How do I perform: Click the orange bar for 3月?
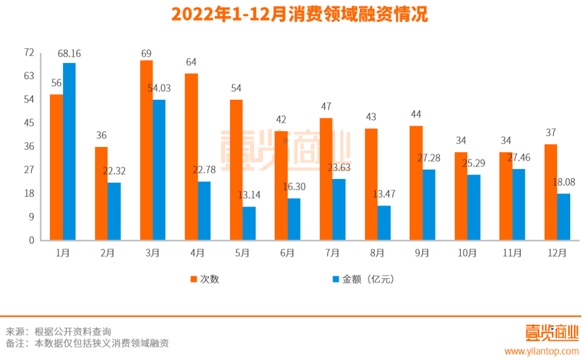pyautogui.click(x=146, y=150)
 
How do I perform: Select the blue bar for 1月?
pyautogui.click(x=69, y=151)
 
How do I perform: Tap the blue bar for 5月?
pyautogui.click(x=249, y=223)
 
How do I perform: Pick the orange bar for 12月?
pyautogui.click(x=551, y=192)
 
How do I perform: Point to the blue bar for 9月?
pyautogui.click(x=429, y=204)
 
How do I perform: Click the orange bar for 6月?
pyautogui.click(x=281, y=185)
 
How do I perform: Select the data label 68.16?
pyautogui.click(x=69, y=54)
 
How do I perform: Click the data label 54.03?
pyautogui.click(x=160, y=88)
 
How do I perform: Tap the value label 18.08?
pyautogui.click(x=564, y=183)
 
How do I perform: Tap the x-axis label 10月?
pyautogui.click(x=467, y=253)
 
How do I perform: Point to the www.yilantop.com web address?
pyautogui.click(x=542, y=351)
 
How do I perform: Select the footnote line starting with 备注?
pyautogui.click(x=87, y=344)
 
